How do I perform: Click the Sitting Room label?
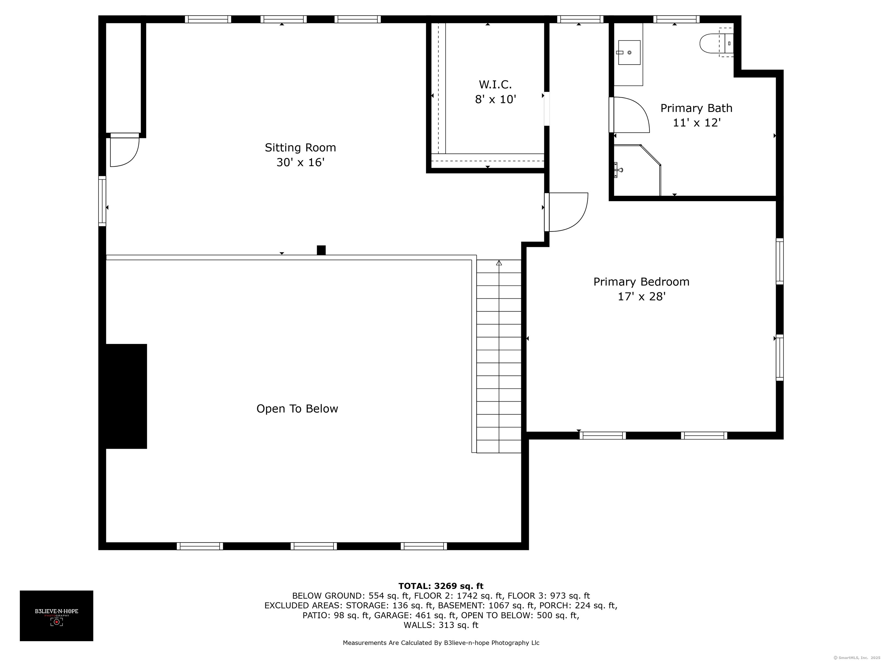tap(300, 148)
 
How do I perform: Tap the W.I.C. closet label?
tap(495, 84)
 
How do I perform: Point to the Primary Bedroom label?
tap(641, 282)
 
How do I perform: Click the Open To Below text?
tap(297, 409)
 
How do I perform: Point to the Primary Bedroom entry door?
tap(566, 212)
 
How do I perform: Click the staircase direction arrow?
tap(499, 263)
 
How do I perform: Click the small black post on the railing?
tap(321, 250)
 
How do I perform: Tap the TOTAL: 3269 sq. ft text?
tap(441, 586)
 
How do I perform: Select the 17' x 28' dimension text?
tap(642, 296)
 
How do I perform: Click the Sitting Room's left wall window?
tap(102, 201)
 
